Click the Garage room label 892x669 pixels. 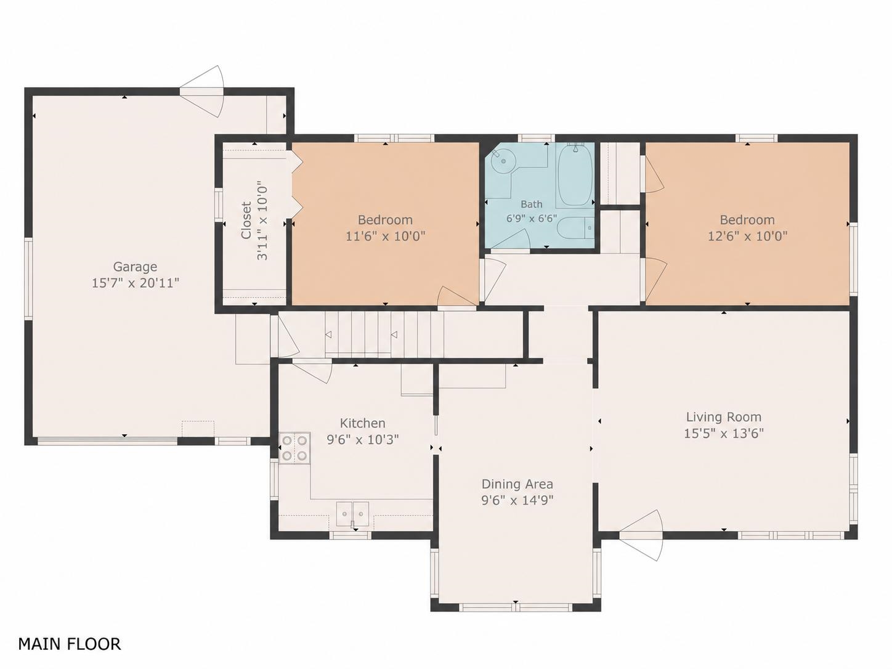(x=135, y=267)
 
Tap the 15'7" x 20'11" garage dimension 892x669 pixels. (x=136, y=283)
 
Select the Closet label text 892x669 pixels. (x=246, y=220)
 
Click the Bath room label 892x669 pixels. (x=532, y=204)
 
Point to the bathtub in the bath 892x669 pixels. (x=575, y=177)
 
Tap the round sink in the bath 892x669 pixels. (x=503, y=161)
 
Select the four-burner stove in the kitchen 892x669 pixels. (x=295, y=448)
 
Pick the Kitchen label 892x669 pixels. (x=362, y=423)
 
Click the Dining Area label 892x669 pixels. (x=517, y=484)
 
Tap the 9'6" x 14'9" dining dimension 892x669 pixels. (x=517, y=500)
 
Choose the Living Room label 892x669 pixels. (x=724, y=417)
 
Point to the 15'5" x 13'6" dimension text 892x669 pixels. (x=724, y=434)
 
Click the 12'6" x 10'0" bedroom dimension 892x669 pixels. (x=748, y=236)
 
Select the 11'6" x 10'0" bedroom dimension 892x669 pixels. (x=385, y=236)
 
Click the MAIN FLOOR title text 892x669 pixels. (x=70, y=644)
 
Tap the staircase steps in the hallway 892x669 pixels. (x=384, y=334)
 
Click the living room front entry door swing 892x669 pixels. (x=642, y=535)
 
